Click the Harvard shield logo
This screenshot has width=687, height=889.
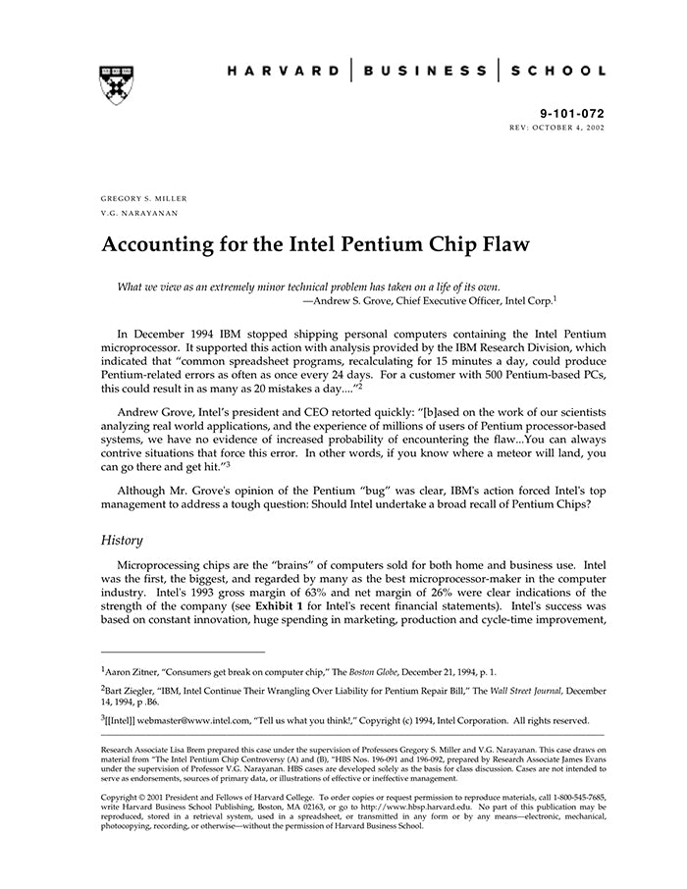(x=117, y=85)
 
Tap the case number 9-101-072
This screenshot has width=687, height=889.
(x=573, y=114)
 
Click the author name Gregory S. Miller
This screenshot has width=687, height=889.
(x=144, y=198)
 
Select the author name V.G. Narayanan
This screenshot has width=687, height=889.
(x=139, y=213)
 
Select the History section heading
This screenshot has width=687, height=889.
(x=123, y=540)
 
